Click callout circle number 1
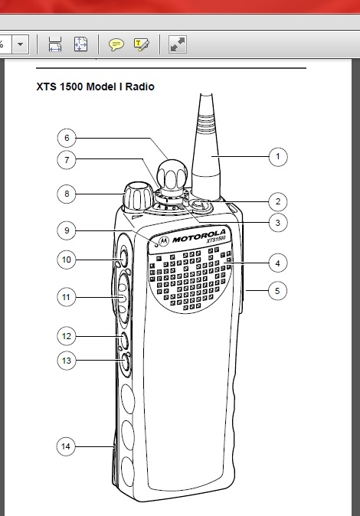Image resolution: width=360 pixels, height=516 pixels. click(x=278, y=157)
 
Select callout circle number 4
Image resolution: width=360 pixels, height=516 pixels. click(x=278, y=263)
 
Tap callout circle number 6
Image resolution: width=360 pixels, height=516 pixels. click(x=67, y=138)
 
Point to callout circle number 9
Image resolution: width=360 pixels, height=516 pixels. click(x=67, y=230)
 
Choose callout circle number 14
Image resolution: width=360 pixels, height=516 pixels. click(x=66, y=446)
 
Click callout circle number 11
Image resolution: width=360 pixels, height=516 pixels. click(x=66, y=298)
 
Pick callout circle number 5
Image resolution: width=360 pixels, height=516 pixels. click(x=277, y=291)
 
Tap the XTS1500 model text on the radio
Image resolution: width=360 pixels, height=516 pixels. click(x=217, y=240)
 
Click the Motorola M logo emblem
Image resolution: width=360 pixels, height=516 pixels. click(x=163, y=241)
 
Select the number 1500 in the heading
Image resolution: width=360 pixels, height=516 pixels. click(x=71, y=87)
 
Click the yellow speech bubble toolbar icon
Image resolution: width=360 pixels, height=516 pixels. click(x=116, y=44)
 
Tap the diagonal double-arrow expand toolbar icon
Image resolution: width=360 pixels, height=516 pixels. click(x=178, y=44)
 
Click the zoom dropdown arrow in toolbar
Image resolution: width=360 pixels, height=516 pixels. click(x=21, y=44)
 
